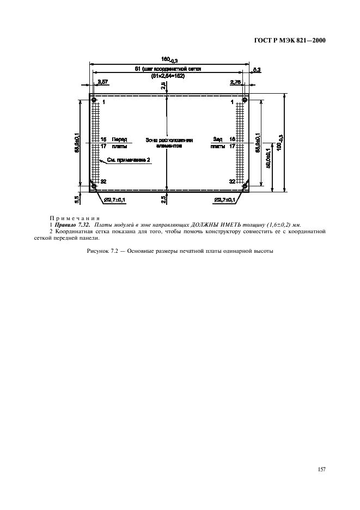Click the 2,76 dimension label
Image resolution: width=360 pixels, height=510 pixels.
[235, 82]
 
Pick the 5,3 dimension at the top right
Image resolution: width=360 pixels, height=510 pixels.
[257, 69]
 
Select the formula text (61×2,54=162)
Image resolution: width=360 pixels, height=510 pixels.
[168, 76]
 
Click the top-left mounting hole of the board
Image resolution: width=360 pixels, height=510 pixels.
[94, 100]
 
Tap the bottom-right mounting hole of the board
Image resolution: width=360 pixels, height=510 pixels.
[245, 186]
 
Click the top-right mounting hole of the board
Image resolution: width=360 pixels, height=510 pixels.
[245, 100]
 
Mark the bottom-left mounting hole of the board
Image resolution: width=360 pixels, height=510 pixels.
[94, 186]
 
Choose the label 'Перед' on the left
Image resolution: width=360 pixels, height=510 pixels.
[119, 139]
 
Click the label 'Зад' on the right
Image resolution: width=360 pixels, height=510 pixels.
[218, 139]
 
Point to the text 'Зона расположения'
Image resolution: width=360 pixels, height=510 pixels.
[169, 140]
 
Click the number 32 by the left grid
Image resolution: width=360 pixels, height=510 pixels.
[103, 181]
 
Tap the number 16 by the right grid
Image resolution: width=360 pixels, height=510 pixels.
[232, 139]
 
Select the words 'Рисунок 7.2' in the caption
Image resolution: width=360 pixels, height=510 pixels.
[103, 251]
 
